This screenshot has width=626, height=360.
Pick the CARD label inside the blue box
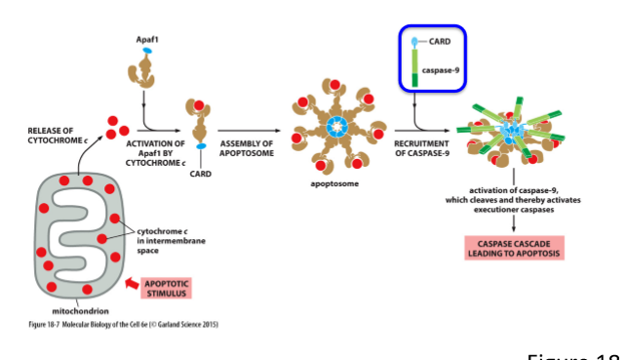pyautogui.click(x=439, y=42)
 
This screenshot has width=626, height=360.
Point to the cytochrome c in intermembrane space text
pyautogui.click(x=161, y=240)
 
